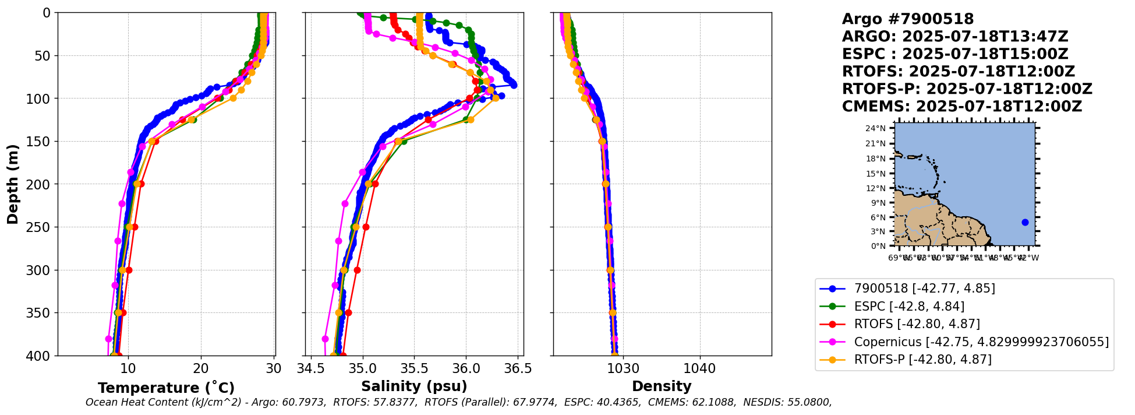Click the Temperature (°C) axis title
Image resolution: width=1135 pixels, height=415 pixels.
pyautogui.click(x=166, y=388)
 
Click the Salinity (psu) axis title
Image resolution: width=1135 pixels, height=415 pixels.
pyautogui.click(x=414, y=386)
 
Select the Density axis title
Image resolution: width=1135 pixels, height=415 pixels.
pyautogui.click(x=662, y=386)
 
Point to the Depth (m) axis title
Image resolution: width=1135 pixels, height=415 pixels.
pyautogui.click(x=12, y=184)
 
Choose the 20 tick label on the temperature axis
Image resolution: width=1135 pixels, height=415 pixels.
pyautogui.click(x=201, y=368)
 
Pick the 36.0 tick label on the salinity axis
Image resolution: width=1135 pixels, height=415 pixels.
pyautogui.click(x=466, y=368)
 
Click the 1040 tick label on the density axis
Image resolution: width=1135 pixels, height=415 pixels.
pyautogui.click(x=699, y=368)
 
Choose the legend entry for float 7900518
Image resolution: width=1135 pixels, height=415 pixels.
pyautogui.click(x=924, y=289)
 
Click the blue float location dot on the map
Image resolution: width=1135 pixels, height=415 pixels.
pyautogui.click(x=1025, y=222)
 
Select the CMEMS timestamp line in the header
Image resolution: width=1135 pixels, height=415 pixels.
pyautogui.click(x=961, y=107)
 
